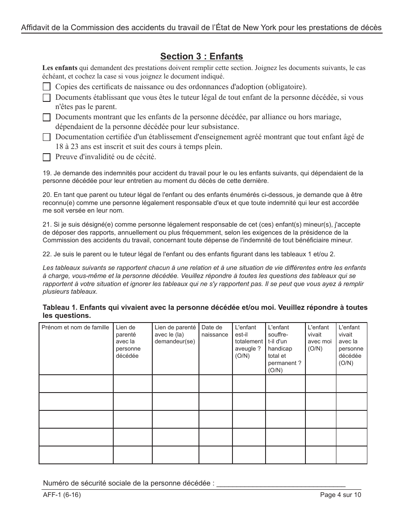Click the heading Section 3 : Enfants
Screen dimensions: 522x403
pos(201,56)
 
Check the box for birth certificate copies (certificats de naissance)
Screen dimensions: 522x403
pos(47,87)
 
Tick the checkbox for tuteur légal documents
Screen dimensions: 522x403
pos(47,98)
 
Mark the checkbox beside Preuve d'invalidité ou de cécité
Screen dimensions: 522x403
pos(47,157)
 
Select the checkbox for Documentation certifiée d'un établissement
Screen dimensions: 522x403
pos(47,137)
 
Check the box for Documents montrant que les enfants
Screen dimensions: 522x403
pos(47,118)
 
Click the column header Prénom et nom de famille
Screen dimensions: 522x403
pos(75,327)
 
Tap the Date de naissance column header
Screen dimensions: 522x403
pos(215,331)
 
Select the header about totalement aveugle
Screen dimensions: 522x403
pos(249,341)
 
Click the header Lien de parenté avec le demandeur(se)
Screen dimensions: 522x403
pos(175,334)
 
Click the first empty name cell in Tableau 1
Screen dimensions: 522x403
pos(76,384)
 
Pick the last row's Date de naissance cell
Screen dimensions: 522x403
pos(215,455)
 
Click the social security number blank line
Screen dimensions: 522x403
pos(281,484)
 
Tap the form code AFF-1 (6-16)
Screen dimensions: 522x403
pos(62,494)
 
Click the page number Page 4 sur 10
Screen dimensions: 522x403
pos(341,494)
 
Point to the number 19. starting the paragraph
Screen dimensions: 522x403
pos(47,173)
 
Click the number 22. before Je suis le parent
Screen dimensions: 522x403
pos(47,254)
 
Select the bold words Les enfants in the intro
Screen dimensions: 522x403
pos(60,68)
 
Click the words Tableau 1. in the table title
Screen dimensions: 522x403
pos(60,308)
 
